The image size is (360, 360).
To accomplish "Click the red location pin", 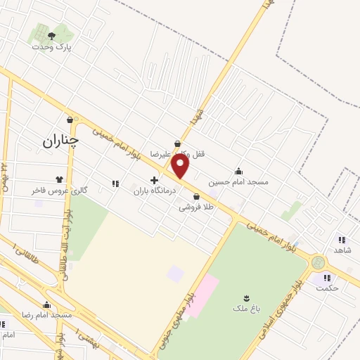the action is (181, 167).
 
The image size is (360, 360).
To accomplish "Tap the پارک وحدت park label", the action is (52, 46).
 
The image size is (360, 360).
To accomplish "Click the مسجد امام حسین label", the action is (243, 181).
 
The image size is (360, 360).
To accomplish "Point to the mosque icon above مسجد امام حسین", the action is (239, 170).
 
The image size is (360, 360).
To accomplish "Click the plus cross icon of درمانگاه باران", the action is (154, 180).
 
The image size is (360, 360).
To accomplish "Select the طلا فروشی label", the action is (195, 207).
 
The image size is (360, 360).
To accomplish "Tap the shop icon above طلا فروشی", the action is (195, 196).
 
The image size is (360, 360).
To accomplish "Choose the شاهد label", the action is (343, 250).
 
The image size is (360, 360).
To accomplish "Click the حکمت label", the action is (326, 288).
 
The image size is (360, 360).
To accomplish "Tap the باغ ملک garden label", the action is (247, 309).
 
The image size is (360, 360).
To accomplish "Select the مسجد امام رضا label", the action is (47, 315).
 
